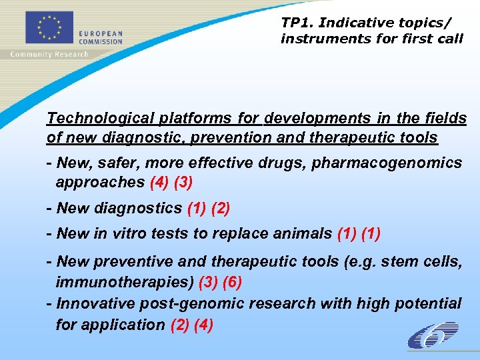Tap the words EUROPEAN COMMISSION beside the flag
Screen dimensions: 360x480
[102, 37]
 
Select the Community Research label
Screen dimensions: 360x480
[49, 54]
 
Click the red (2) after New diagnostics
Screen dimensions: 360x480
[221, 208]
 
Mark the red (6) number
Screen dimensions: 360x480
[233, 282]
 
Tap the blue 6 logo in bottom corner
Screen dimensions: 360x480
[433, 335]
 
